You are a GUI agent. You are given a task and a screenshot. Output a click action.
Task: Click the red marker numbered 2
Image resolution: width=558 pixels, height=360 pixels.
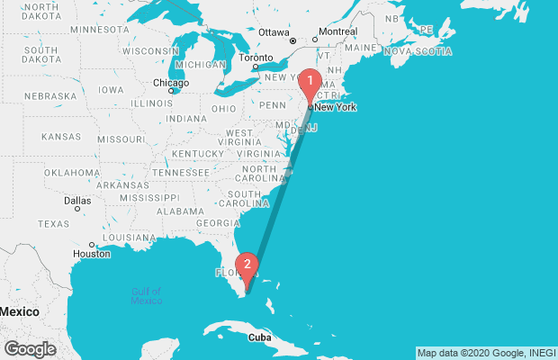(x=247, y=265)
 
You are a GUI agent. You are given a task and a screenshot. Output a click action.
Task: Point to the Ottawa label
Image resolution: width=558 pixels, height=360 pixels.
(x=274, y=32)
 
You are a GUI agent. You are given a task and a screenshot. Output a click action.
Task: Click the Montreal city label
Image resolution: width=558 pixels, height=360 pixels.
(x=337, y=32)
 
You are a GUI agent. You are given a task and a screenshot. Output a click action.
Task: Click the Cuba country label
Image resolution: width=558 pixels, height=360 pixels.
(x=259, y=337)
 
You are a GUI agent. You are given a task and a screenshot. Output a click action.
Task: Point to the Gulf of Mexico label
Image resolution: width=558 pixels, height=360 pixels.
(x=145, y=295)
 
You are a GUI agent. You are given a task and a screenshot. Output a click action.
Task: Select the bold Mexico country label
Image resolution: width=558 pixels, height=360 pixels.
(x=19, y=310)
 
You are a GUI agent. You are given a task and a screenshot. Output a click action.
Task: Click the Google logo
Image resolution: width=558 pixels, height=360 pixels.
(x=30, y=349)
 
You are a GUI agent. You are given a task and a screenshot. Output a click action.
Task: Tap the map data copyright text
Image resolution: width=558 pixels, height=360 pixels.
(x=485, y=352)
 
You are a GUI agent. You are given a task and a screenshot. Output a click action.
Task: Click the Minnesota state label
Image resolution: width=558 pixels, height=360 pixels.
(x=99, y=29)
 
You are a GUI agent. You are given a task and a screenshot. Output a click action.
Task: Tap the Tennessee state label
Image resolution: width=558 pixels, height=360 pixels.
(x=180, y=172)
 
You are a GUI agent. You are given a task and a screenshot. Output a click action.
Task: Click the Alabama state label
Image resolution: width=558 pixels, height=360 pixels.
(x=180, y=211)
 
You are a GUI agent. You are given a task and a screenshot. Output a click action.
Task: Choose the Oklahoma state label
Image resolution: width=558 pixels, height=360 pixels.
(x=71, y=172)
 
